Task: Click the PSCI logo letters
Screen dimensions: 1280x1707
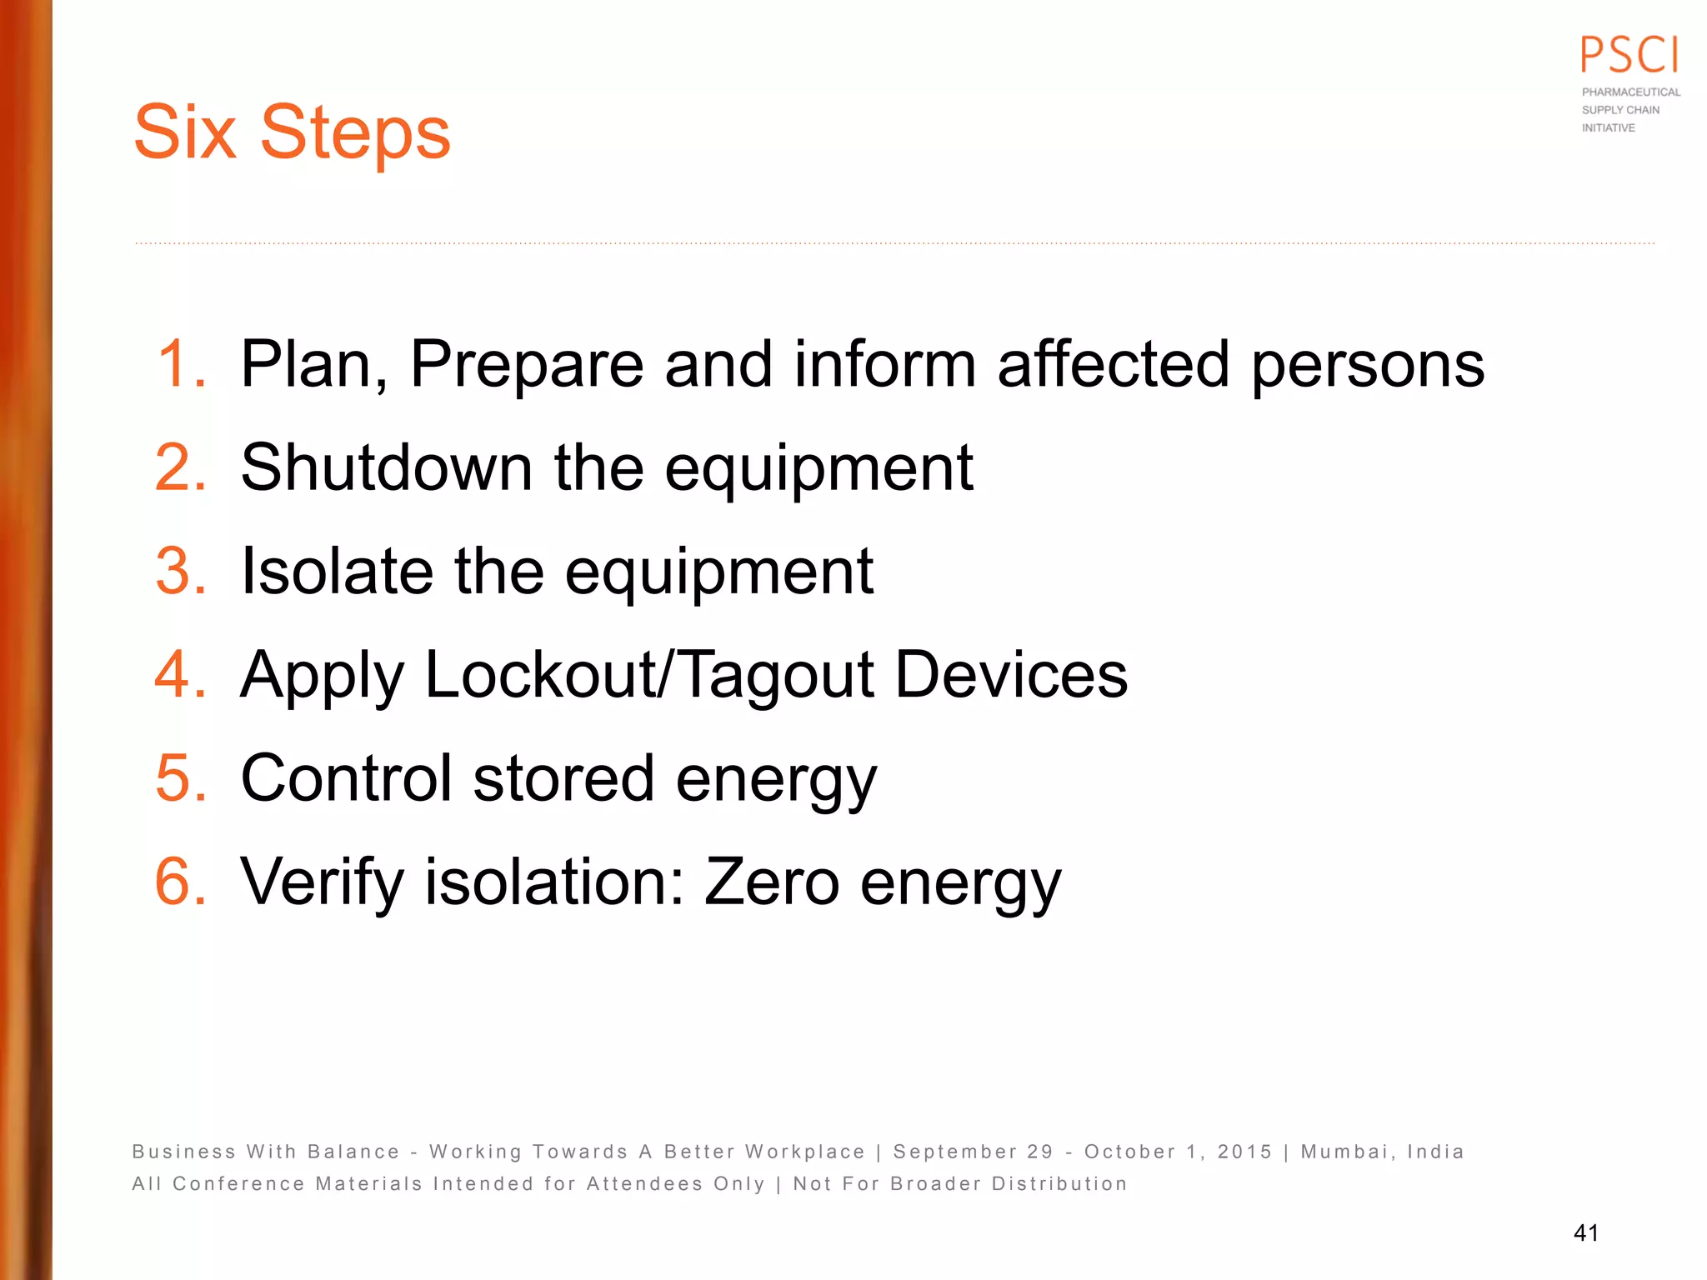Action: point(1629,56)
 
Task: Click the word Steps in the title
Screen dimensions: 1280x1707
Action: point(355,133)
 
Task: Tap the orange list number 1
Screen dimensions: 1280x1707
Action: point(180,364)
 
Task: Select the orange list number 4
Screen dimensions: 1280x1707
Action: point(180,674)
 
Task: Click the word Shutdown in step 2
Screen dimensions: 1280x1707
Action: point(386,467)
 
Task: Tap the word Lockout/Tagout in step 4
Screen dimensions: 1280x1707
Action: point(649,676)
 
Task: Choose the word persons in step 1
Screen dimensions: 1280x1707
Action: point(1368,366)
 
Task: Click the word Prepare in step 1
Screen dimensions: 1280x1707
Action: point(527,366)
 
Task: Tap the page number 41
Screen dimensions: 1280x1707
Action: point(1585,1232)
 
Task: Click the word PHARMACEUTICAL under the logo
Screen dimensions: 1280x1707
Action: point(1631,92)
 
